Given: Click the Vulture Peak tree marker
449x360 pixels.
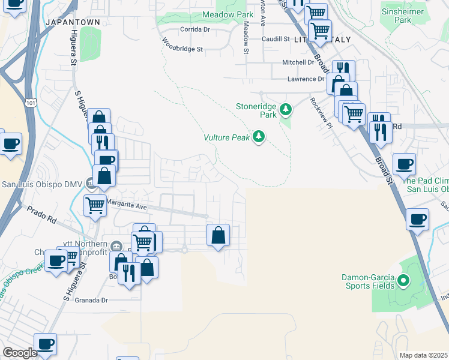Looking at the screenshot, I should tap(259, 137).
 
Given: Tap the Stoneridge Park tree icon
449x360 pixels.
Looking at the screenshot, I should tap(286, 109).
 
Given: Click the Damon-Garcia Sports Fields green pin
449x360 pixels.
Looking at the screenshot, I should tap(403, 280).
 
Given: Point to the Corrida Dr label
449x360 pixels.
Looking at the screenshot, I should tap(194, 29).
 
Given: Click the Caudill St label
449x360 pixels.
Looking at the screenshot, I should tap(276, 39).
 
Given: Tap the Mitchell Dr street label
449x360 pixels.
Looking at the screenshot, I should tap(298, 62).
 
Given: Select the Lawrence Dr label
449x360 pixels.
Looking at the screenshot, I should tap(305, 79).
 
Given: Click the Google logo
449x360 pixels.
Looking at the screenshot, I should tap(20, 353).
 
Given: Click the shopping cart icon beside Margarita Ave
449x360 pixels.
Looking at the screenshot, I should tap(95, 205).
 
